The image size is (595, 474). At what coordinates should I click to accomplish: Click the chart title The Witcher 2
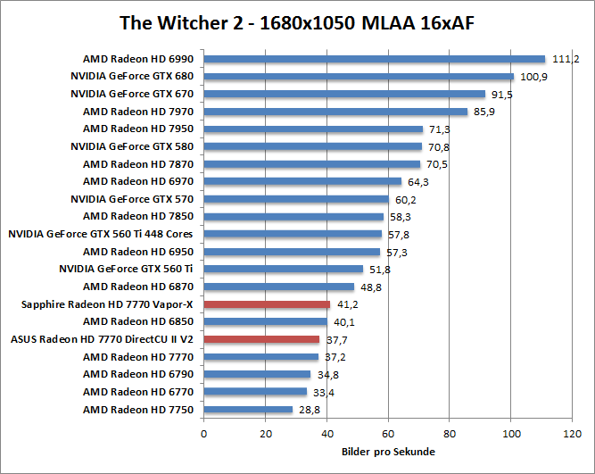tap(297, 22)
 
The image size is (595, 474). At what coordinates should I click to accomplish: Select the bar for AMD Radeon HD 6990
tap(374, 59)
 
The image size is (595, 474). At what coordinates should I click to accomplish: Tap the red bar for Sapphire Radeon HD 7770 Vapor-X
tap(267, 304)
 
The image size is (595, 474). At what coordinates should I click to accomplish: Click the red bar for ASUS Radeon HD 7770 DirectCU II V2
tap(261, 339)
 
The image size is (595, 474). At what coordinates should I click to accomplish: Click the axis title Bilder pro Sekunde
tap(388, 452)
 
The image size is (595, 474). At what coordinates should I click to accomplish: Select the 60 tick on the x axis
tap(388, 434)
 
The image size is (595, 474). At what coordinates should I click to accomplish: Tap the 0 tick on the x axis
tap(204, 434)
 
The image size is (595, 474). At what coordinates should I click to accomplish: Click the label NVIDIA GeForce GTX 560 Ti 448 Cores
tap(101, 234)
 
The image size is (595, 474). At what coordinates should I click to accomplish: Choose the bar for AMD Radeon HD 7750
tap(248, 410)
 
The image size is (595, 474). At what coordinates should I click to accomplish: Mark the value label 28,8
tap(308, 410)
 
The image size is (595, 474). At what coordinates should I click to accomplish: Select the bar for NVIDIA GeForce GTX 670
tap(344, 94)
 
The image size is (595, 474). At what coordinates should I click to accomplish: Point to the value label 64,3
tap(417, 181)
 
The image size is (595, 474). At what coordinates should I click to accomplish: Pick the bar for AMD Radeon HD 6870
tap(278, 287)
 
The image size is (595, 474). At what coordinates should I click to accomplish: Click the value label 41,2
tap(346, 304)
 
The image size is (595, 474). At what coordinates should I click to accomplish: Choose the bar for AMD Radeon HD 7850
tap(293, 216)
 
